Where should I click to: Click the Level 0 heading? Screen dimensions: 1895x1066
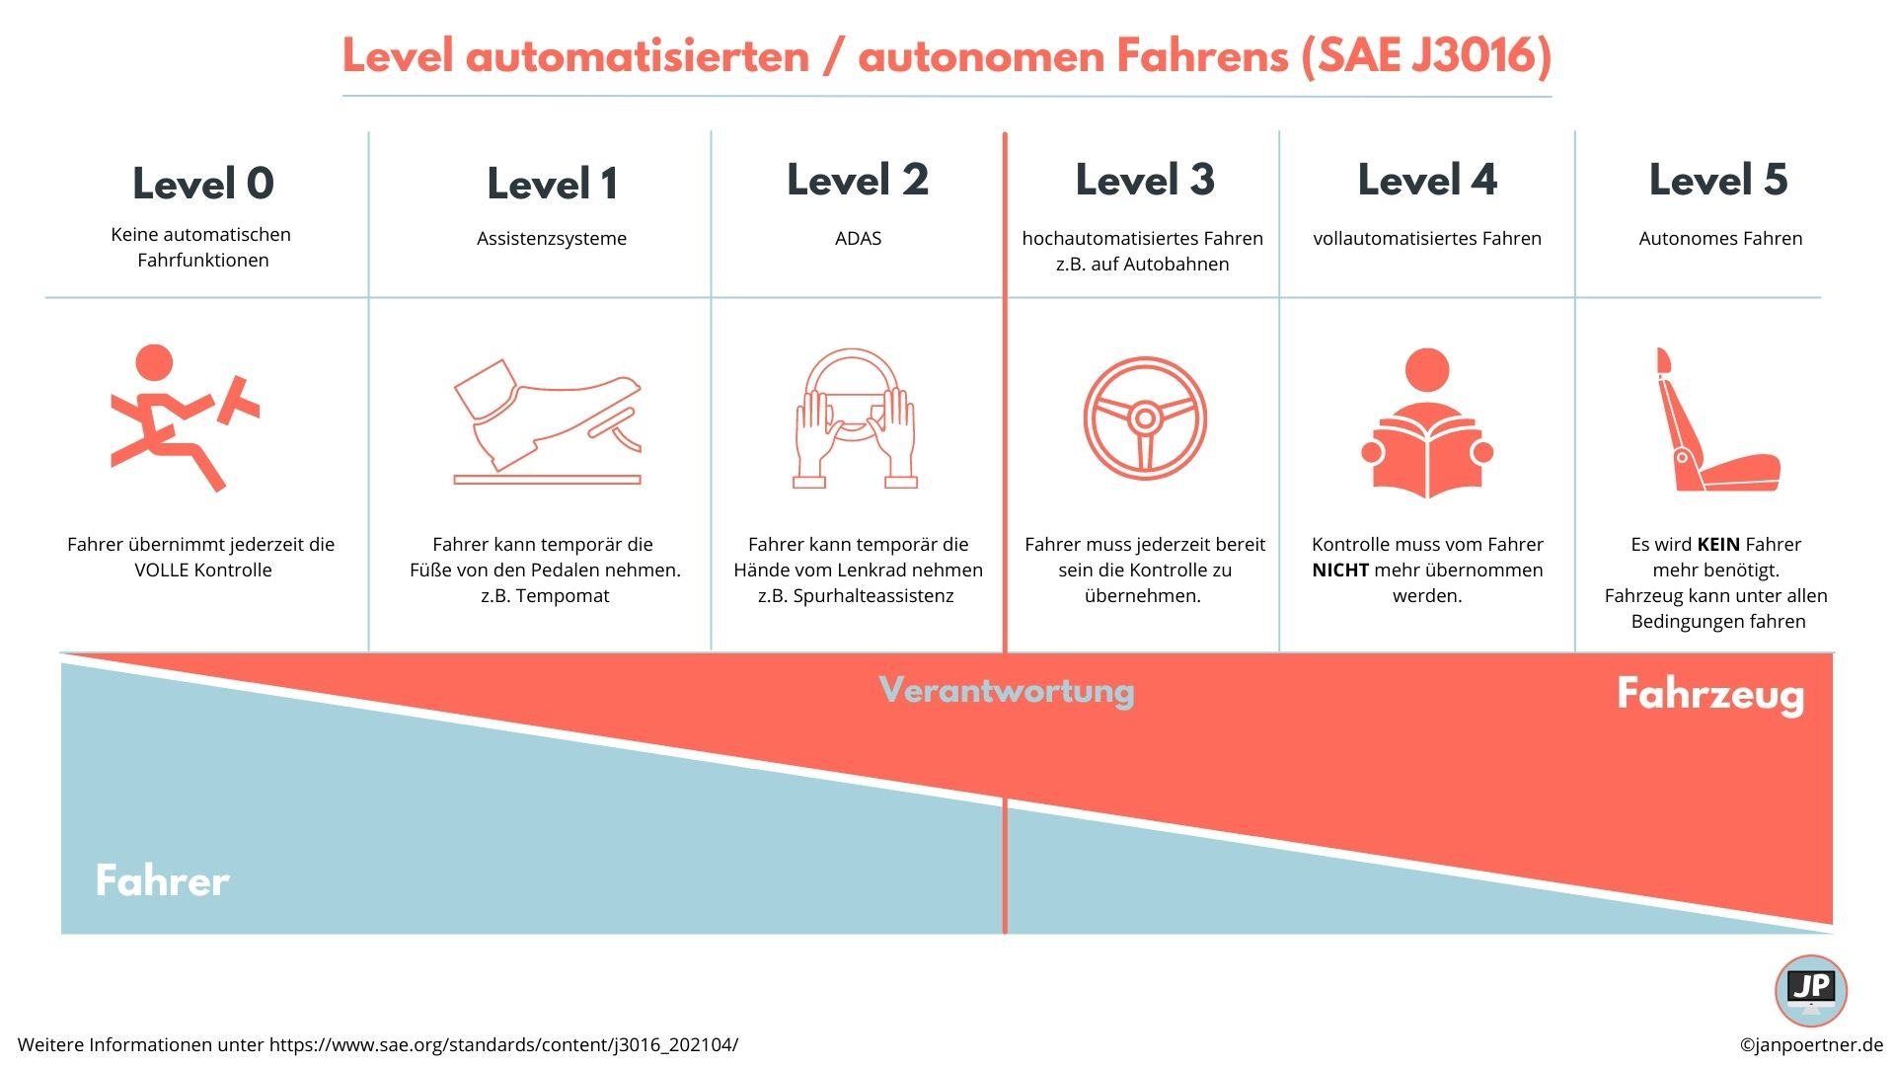[203, 184]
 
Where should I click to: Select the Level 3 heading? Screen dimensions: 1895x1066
[1145, 180]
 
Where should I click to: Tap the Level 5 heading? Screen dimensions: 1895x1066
[1718, 180]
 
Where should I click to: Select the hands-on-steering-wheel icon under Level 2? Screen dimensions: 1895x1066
[855, 418]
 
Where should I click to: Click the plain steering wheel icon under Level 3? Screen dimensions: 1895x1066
[1145, 419]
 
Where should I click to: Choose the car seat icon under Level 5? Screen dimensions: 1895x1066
[1717, 419]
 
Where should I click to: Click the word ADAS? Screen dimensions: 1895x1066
[858, 238]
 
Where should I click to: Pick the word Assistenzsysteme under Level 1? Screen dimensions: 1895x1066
[552, 238]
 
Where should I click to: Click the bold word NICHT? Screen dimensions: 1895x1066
[1340, 570]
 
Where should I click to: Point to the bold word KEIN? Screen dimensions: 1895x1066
[1718, 544]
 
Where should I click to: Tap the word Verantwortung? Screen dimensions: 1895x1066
[1007, 690]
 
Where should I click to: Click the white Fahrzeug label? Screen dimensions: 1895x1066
[1710, 694]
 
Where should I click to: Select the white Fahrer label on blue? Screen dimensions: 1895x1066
[163, 880]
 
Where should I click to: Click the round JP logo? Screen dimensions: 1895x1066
[1811, 991]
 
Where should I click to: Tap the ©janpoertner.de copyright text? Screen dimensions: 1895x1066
[1811, 1044]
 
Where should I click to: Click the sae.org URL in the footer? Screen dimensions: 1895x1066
[503, 1044]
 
